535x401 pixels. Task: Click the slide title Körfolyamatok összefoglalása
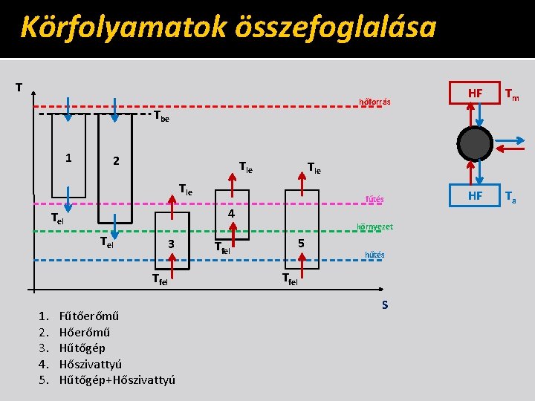click(227, 27)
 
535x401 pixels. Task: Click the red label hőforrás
click(374, 102)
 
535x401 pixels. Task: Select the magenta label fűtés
click(373, 199)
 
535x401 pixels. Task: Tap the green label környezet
click(375, 226)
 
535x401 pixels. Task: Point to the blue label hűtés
click(374, 255)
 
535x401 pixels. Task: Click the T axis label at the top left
click(19, 87)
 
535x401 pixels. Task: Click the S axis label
click(385, 305)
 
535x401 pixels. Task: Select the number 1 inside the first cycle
click(68, 157)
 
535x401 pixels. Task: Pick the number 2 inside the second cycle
click(115, 161)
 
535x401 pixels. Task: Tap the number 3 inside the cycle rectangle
click(171, 244)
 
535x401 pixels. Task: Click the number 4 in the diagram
click(231, 214)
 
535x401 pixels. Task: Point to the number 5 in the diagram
click(301, 243)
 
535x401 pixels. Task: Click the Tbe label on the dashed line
click(161, 117)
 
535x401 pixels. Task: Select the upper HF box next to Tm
click(474, 93)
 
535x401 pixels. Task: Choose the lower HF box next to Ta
click(474, 195)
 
